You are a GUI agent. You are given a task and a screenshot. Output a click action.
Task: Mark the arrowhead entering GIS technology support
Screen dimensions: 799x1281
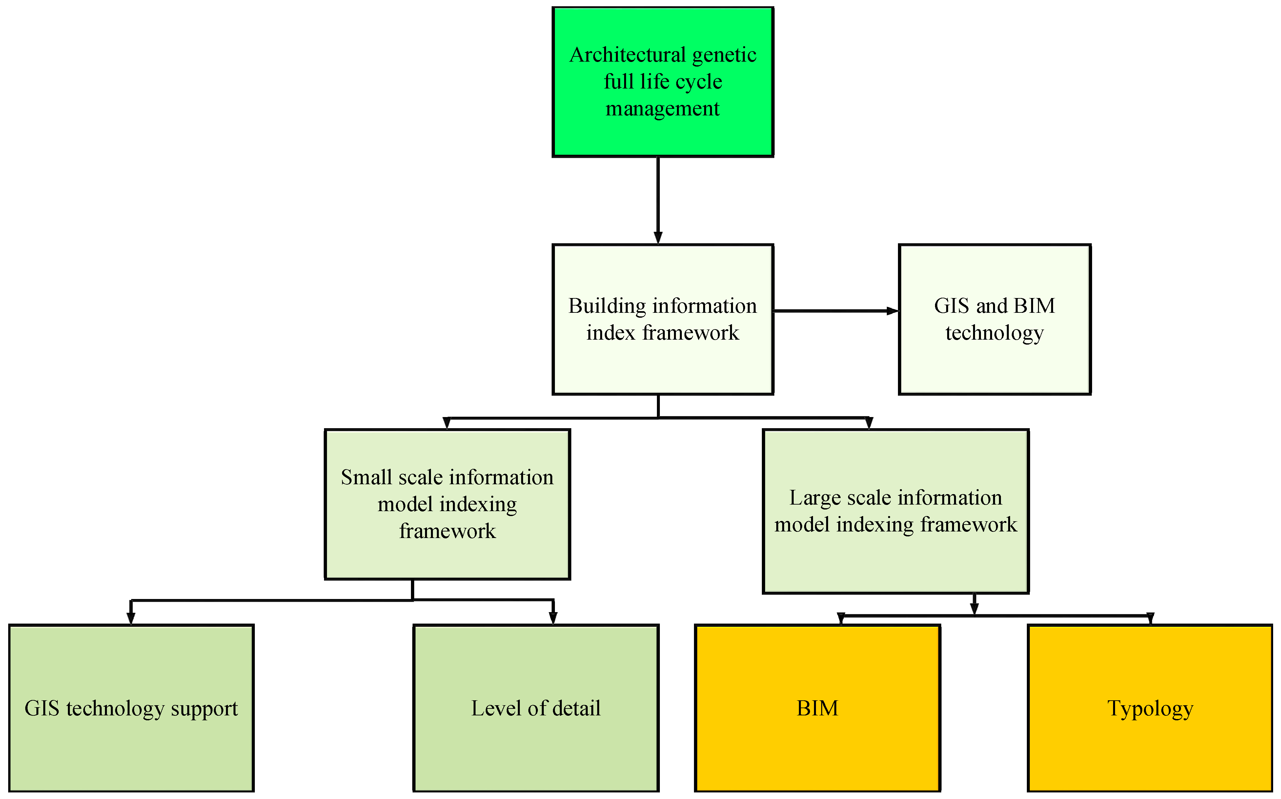click(x=131, y=618)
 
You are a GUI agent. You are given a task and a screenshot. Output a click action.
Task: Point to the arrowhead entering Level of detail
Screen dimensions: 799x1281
click(x=553, y=618)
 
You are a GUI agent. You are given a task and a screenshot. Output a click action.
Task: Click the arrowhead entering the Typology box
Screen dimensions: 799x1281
click(x=1150, y=618)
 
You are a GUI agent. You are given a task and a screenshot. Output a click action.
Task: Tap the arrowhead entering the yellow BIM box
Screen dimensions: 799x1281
click(x=841, y=618)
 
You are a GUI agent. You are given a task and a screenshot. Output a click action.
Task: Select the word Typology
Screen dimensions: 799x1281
click(x=1150, y=709)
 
